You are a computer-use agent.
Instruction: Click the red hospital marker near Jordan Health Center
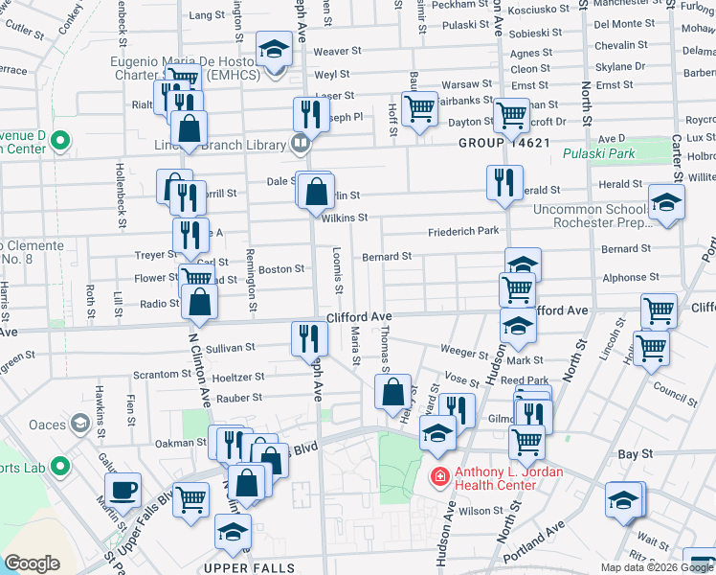tap(439, 476)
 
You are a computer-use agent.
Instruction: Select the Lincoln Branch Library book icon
tap(301, 144)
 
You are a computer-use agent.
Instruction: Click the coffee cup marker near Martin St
tap(123, 492)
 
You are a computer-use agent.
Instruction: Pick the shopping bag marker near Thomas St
tap(392, 392)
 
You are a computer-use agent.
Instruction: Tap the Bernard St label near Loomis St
tap(387, 257)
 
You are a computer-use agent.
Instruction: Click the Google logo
tap(32, 563)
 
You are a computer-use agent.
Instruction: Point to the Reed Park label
tap(524, 381)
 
